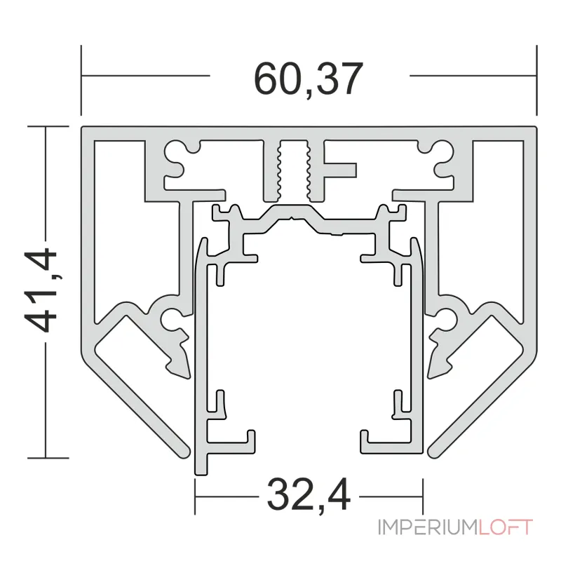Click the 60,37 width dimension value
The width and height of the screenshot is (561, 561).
click(x=309, y=79)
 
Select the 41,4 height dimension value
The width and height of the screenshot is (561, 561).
click(x=41, y=291)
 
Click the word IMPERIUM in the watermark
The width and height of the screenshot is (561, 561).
click(x=428, y=527)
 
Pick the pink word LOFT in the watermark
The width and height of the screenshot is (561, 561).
click(x=506, y=527)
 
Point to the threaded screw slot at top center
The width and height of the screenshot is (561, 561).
click(x=293, y=169)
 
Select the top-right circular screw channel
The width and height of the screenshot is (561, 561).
click(x=442, y=149)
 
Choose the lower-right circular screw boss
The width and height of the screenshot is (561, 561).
click(x=447, y=318)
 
